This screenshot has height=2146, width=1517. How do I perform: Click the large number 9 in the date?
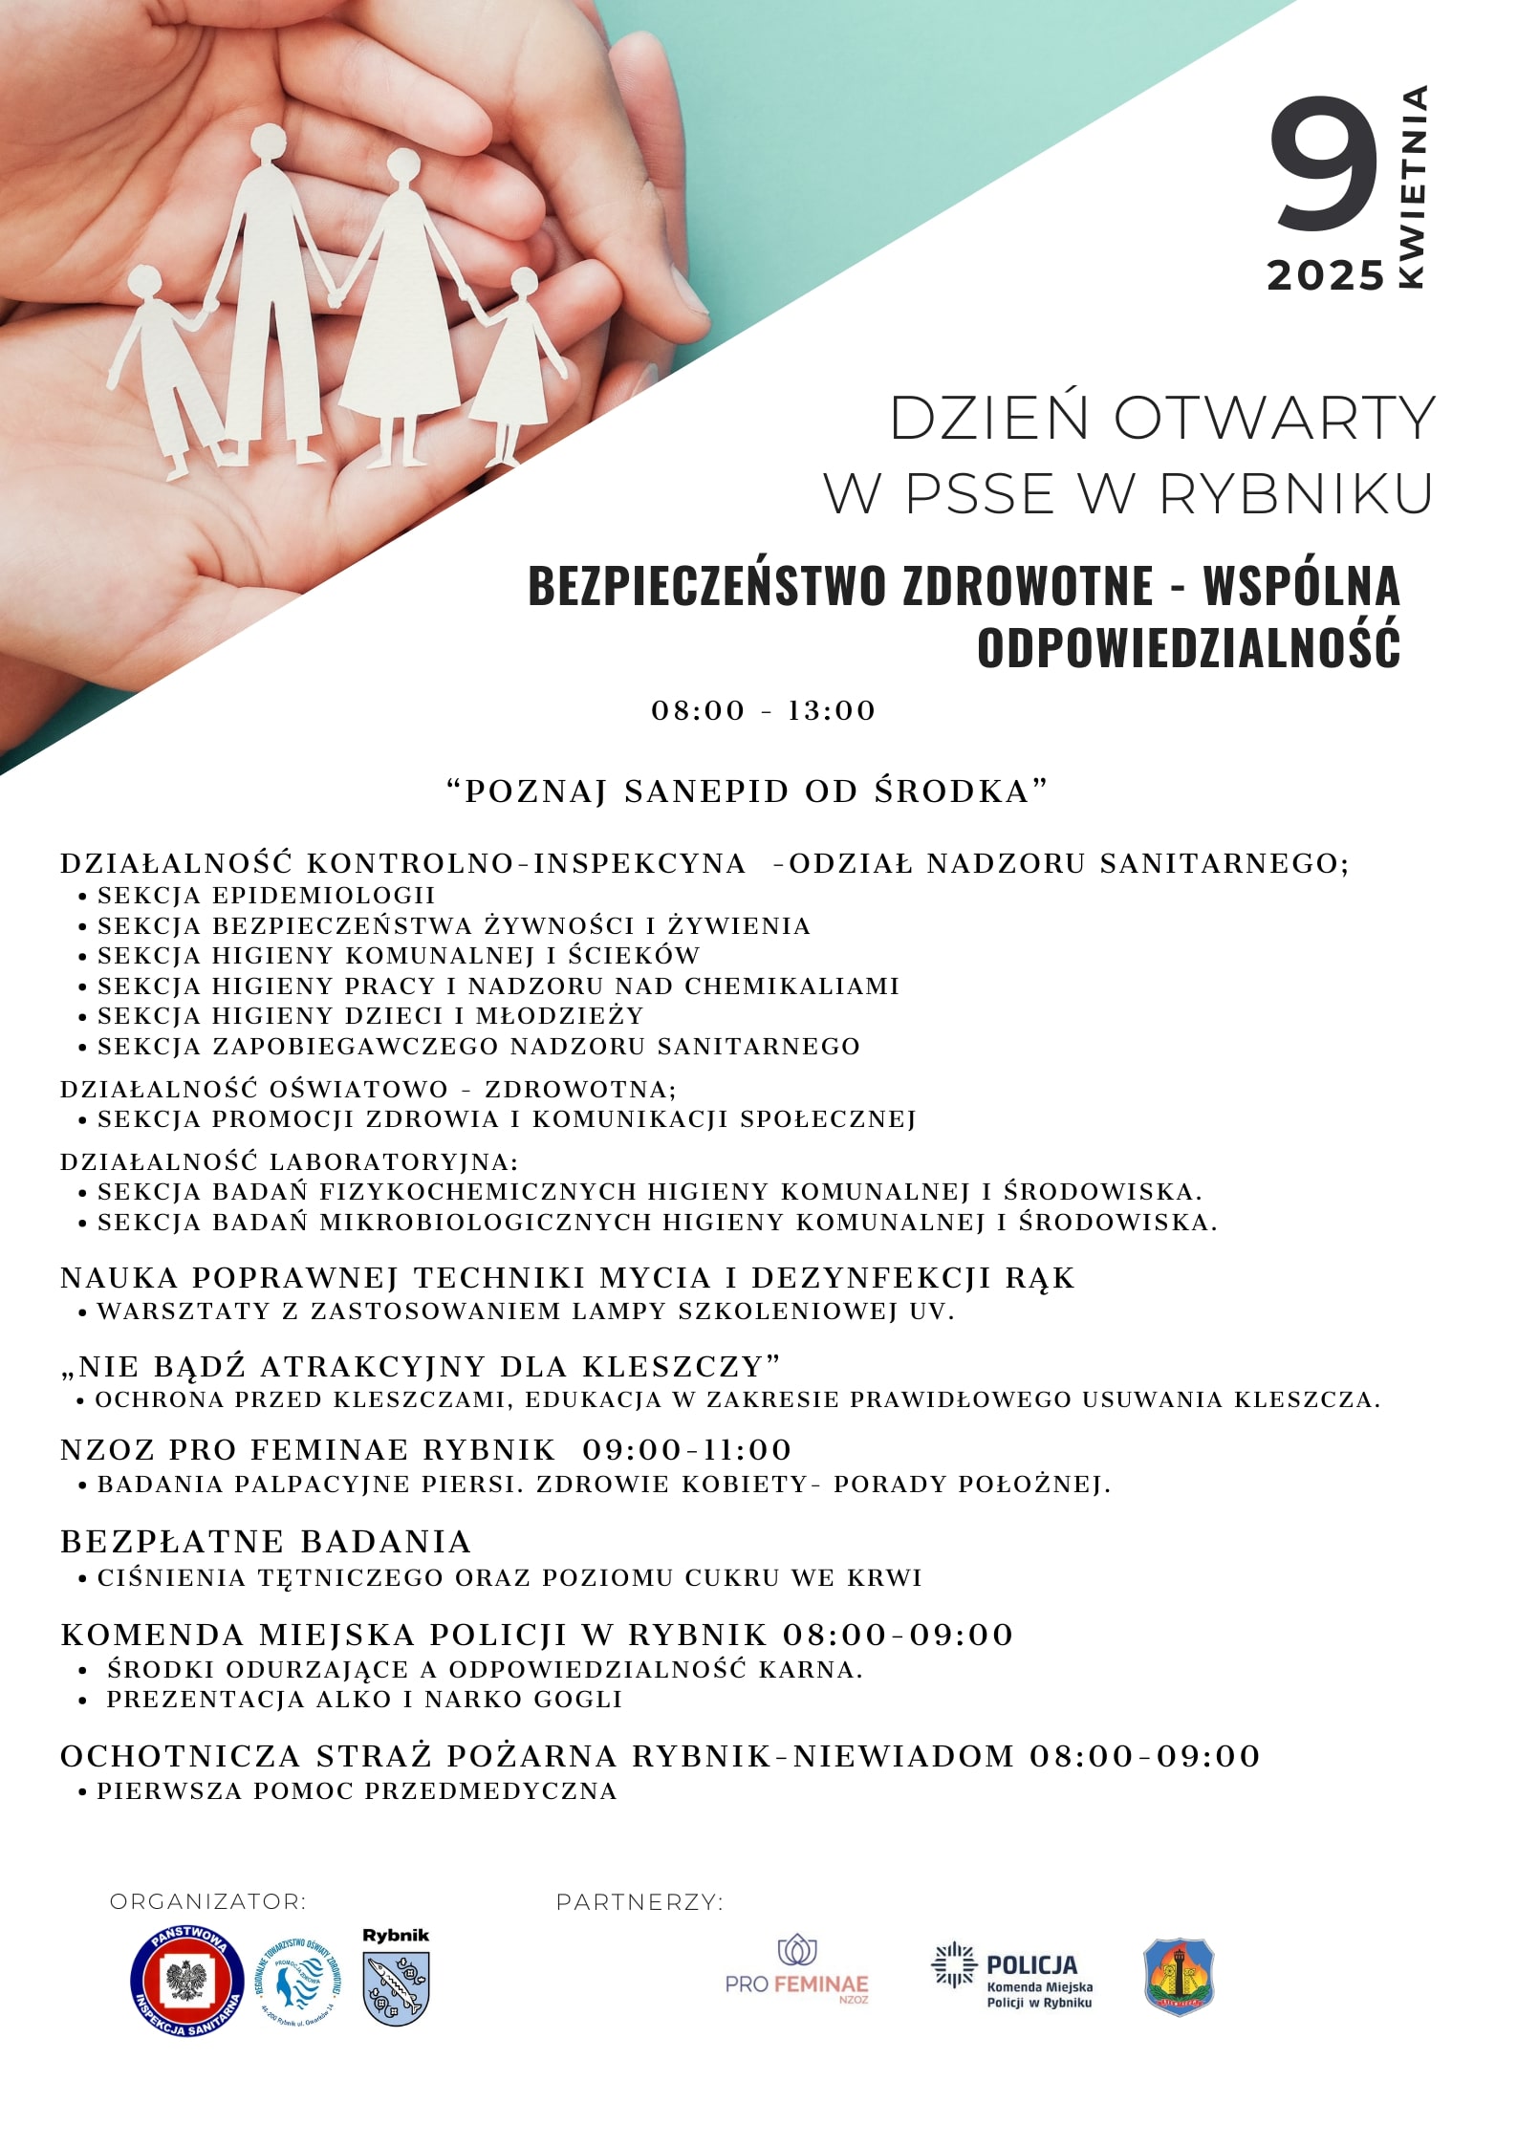pyautogui.click(x=1325, y=164)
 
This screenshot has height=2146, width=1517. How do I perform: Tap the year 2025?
pyautogui.click(x=1326, y=276)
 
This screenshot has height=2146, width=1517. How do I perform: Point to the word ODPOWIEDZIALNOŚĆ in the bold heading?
pyautogui.click(x=1188, y=646)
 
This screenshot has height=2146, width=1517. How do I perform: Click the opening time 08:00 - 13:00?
pyautogui.click(x=763, y=711)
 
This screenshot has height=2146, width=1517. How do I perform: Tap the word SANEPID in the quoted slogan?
pyautogui.click(x=706, y=791)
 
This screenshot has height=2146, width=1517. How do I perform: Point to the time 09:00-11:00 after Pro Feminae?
pyautogui.click(x=687, y=1450)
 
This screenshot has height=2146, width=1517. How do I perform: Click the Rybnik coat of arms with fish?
pyautogui.click(x=396, y=1988)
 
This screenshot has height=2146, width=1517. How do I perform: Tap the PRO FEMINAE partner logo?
pyautogui.click(x=796, y=1971)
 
